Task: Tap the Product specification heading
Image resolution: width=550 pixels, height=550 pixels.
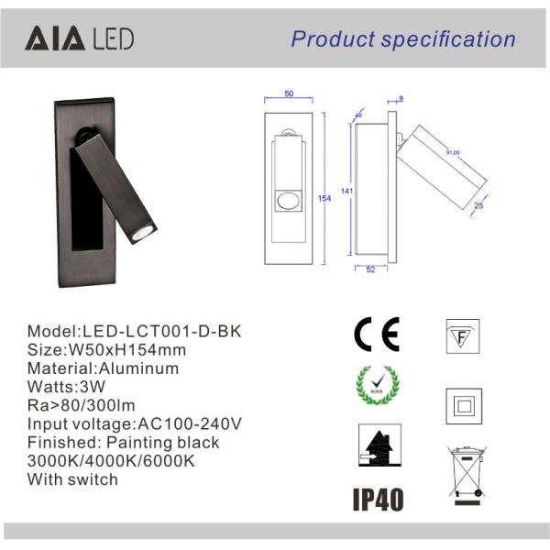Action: pos(403,38)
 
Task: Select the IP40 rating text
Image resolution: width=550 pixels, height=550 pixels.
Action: pos(378,499)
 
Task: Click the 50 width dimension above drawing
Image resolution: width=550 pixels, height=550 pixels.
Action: pos(289,94)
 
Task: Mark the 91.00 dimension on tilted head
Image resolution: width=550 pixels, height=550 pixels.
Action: pos(453,152)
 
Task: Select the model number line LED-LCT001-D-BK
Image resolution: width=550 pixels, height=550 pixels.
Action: pos(136,331)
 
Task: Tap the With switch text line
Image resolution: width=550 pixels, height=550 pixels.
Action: pos(72,478)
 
